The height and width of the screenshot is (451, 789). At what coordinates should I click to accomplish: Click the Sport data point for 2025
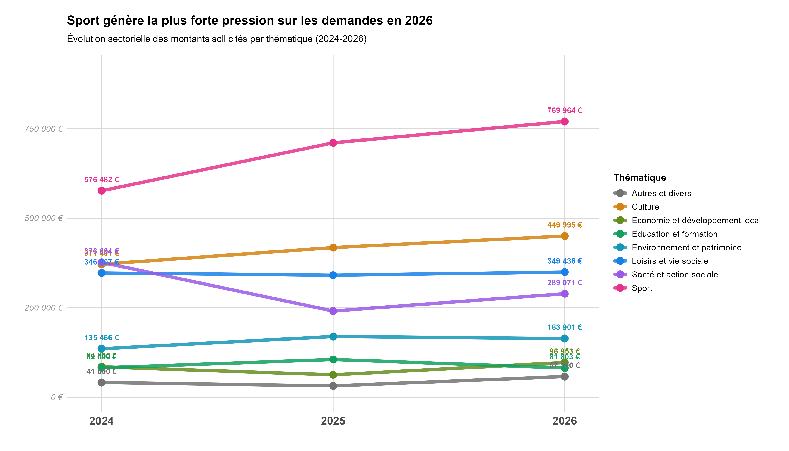click(333, 143)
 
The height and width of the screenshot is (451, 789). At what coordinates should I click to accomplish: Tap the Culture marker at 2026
click(565, 236)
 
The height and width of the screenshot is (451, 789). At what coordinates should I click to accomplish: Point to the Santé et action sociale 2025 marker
click(333, 311)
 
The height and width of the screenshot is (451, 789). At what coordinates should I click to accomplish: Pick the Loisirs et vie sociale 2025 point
click(333, 275)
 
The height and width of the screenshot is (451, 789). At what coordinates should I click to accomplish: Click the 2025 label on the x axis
click(333, 421)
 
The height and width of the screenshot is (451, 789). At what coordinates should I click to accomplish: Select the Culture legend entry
click(645, 207)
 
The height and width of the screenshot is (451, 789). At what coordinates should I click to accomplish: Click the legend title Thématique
click(639, 178)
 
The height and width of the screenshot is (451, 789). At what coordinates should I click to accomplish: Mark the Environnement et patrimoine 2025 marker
click(333, 336)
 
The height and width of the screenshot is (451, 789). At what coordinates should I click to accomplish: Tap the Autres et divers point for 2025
click(333, 386)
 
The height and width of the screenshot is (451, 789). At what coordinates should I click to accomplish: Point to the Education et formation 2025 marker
click(333, 359)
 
